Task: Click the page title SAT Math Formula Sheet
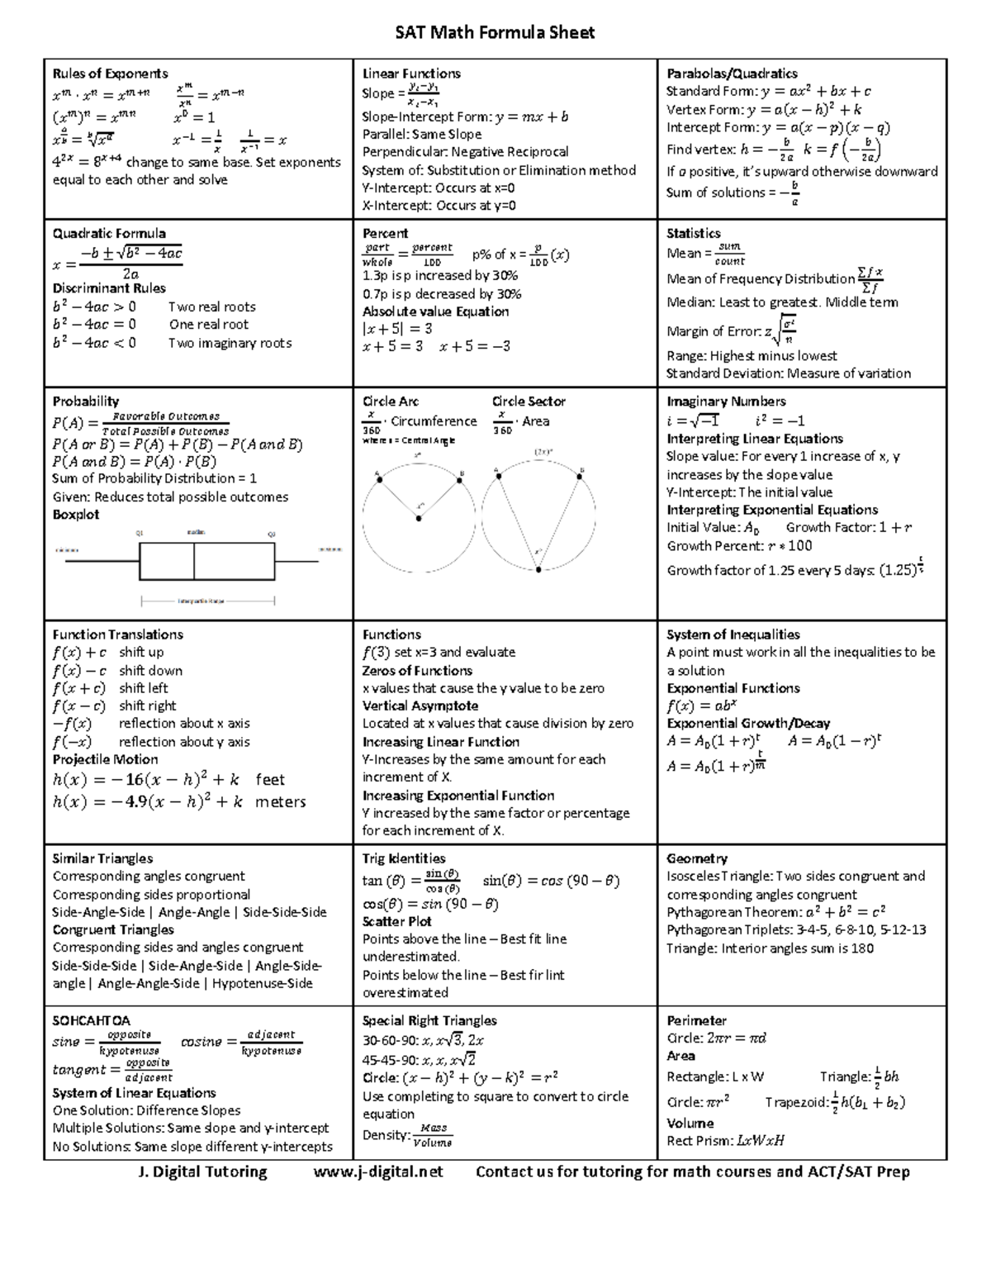click(495, 32)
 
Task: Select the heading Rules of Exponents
click(110, 74)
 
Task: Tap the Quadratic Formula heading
click(109, 233)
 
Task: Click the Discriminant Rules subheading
click(109, 288)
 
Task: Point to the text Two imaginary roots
click(230, 343)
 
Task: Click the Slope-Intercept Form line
click(465, 116)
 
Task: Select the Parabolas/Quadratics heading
click(732, 74)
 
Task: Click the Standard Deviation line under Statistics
click(788, 373)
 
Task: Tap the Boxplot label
click(76, 515)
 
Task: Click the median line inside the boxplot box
click(194, 562)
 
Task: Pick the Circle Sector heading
click(529, 402)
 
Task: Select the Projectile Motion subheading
click(105, 759)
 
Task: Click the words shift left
click(143, 688)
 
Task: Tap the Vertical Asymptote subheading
click(420, 706)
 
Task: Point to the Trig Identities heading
click(404, 858)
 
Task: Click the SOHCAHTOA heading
click(91, 1020)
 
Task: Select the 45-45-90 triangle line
click(419, 1060)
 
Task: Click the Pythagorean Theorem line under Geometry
click(775, 912)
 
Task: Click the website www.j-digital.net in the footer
click(378, 1171)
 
